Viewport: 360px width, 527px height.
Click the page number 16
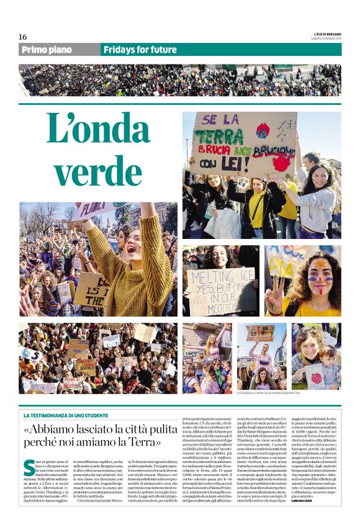coord(23,37)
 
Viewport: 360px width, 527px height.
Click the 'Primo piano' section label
coord(46,50)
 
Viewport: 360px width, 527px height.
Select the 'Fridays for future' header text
coord(140,50)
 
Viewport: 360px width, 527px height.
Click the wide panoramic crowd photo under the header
coord(179,80)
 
